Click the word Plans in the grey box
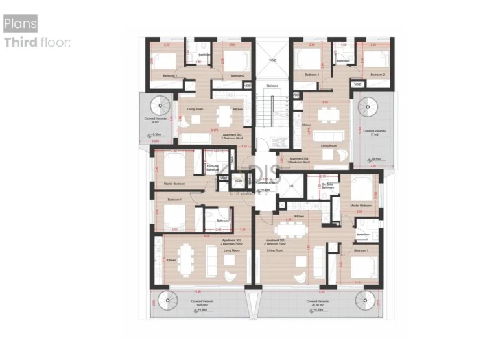tap(20, 24)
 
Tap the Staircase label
tap(272, 85)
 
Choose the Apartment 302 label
tap(229, 241)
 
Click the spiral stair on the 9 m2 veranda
tap(160, 104)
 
